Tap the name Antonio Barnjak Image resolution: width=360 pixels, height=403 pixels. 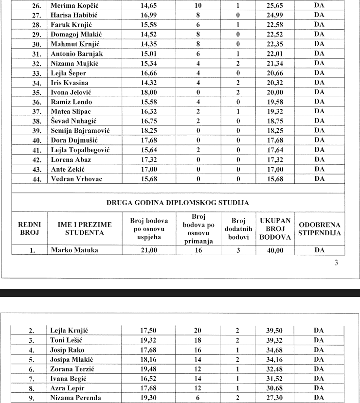tap(77, 53)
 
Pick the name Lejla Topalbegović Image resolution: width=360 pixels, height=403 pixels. tap(80, 150)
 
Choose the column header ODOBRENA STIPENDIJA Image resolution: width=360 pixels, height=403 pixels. tap(320, 228)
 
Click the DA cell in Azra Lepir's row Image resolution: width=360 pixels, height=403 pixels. tap(319, 388)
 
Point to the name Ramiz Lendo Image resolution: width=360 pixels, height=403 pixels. tap(71, 102)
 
